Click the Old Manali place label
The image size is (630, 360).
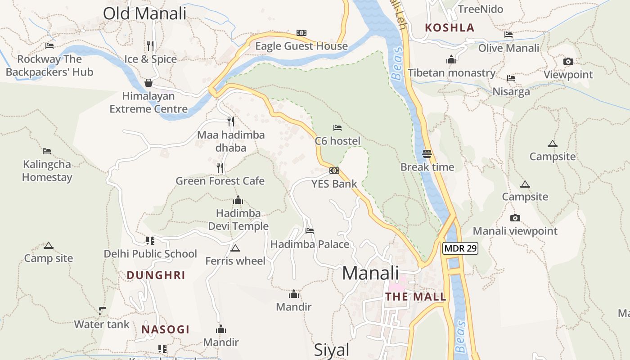pyautogui.click(x=144, y=13)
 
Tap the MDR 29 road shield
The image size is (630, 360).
pyautogui.click(x=460, y=248)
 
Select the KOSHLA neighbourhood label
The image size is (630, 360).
pyautogui.click(x=450, y=27)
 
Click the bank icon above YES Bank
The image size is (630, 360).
pyautogui.click(x=334, y=171)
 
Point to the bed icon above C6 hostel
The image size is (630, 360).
pyautogui.click(x=337, y=128)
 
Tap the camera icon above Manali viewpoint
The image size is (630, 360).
pyautogui.click(x=515, y=218)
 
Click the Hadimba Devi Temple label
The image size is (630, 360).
pyautogui.click(x=238, y=220)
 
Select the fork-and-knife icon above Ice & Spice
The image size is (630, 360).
pyautogui.click(x=150, y=46)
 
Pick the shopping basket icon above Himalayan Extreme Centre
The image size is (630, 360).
pyautogui.click(x=148, y=83)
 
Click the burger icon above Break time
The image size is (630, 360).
pyautogui.click(x=427, y=154)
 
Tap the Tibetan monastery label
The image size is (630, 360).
pyautogui.click(x=451, y=73)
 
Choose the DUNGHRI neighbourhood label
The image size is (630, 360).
pyautogui.click(x=156, y=275)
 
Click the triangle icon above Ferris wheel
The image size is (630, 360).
pyautogui.click(x=235, y=248)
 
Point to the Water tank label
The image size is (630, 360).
pyautogui.click(x=102, y=324)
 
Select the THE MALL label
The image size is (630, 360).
pyautogui.click(x=416, y=297)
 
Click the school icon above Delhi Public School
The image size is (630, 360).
pyautogui.click(x=150, y=241)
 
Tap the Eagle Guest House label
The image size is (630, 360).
pyautogui.click(x=301, y=46)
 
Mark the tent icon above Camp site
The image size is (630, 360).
pyautogui.click(x=48, y=246)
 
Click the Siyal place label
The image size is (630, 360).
pyautogui.click(x=331, y=350)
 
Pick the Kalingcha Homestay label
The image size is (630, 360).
pyautogui.click(x=47, y=171)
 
